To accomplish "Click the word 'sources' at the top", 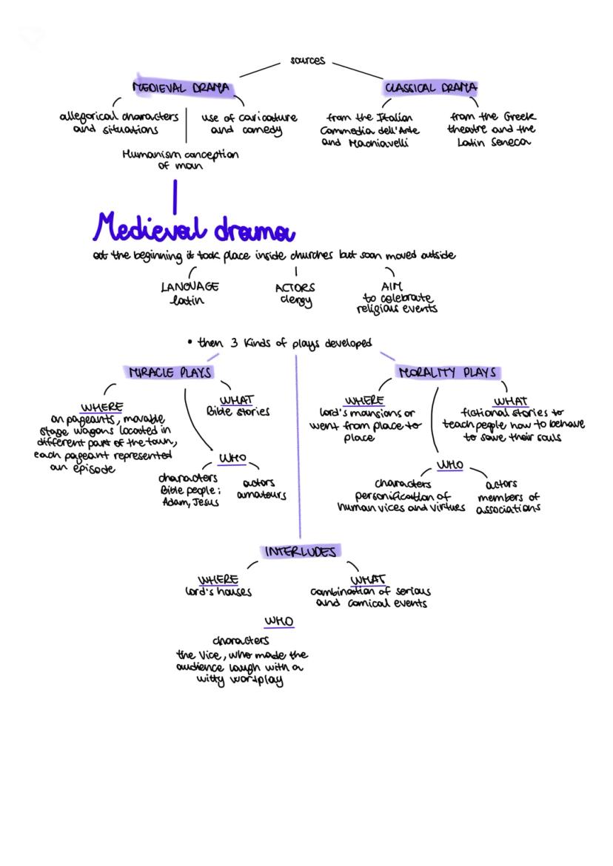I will pyautogui.click(x=307, y=61).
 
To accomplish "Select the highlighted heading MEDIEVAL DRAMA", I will pyautogui.click(x=181, y=88).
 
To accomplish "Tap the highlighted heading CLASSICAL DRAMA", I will pyautogui.click(x=430, y=88).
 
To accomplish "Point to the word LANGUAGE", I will pyautogui.click(x=190, y=287).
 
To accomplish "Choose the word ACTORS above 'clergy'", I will pyautogui.click(x=295, y=288).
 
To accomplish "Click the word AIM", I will pyautogui.click(x=391, y=286).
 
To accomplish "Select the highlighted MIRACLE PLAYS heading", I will pyautogui.click(x=170, y=373).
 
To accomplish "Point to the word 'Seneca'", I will pyautogui.click(x=511, y=142).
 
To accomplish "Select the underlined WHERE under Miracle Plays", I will pyautogui.click(x=102, y=407).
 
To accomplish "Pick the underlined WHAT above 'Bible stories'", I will pyautogui.click(x=236, y=399).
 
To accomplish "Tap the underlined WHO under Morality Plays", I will pyautogui.click(x=449, y=465).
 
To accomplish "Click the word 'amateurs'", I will pyautogui.click(x=261, y=495).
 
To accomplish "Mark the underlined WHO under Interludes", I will pyautogui.click(x=279, y=621).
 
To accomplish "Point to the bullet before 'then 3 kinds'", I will pyautogui.click(x=190, y=342).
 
